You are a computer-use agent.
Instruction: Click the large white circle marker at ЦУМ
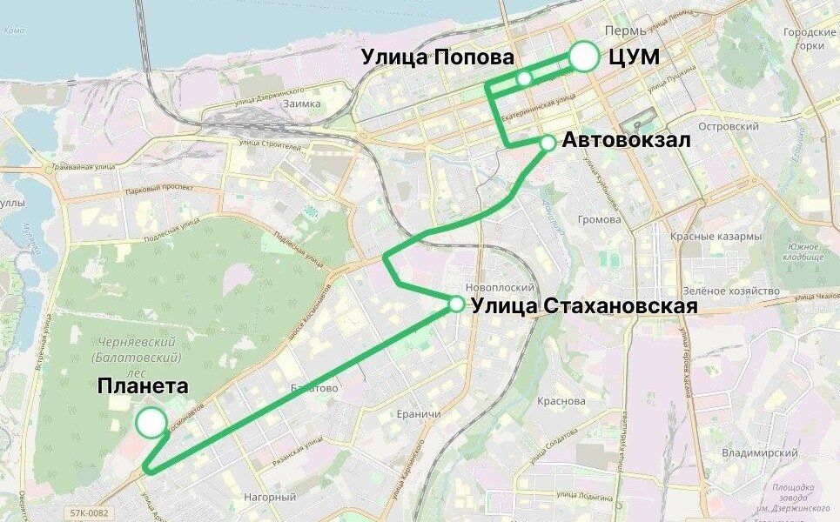pyautogui.click(x=586, y=57)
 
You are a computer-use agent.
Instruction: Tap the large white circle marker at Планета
pyautogui.click(x=151, y=423)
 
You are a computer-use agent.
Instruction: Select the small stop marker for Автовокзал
pyautogui.click(x=548, y=142)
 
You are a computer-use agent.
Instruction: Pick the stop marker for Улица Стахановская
pyautogui.click(x=456, y=304)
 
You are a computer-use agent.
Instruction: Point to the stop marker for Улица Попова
pyautogui.click(x=524, y=79)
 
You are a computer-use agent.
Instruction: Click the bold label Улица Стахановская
pyautogui.click(x=584, y=305)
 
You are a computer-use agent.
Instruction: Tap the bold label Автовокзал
pyautogui.click(x=627, y=140)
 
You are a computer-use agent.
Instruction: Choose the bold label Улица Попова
pyautogui.click(x=438, y=57)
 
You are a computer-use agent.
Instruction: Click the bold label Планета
pyautogui.click(x=143, y=385)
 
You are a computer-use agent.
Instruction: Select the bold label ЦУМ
pyautogui.click(x=634, y=57)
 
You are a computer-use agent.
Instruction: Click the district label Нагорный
pyautogui.click(x=270, y=498)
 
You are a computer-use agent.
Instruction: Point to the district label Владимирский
pyautogui.click(x=760, y=453)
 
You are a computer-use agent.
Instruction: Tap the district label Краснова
pyautogui.click(x=561, y=401)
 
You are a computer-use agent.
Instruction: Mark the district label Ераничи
pyautogui.click(x=418, y=414)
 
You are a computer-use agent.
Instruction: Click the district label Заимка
pyautogui.click(x=301, y=104)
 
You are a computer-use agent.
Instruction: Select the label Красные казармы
pyautogui.click(x=716, y=237)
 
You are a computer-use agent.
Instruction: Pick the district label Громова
pyautogui.click(x=601, y=219)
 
